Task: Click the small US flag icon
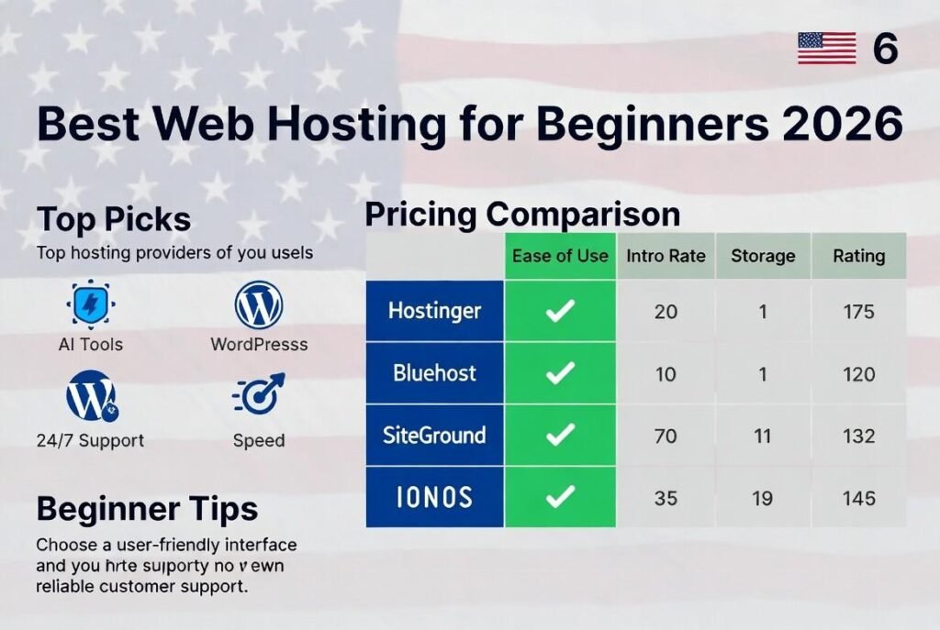point(826,48)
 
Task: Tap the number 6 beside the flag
point(884,49)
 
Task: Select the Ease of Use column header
point(560,256)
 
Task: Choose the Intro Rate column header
point(666,256)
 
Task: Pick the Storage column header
point(762,256)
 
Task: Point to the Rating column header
point(858,256)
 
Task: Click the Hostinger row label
point(434,311)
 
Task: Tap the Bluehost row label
point(434,373)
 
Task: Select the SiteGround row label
point(434,435)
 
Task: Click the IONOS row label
point(434,497)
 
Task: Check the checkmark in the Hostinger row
point(560,311)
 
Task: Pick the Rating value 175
point(858,312)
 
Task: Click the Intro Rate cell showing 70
point(666,436)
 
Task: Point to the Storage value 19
point(762,498)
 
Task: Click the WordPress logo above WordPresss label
point(258,305)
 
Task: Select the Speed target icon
point(259,395)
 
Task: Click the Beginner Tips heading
point(147,508)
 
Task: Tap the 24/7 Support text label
point(90,440)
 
